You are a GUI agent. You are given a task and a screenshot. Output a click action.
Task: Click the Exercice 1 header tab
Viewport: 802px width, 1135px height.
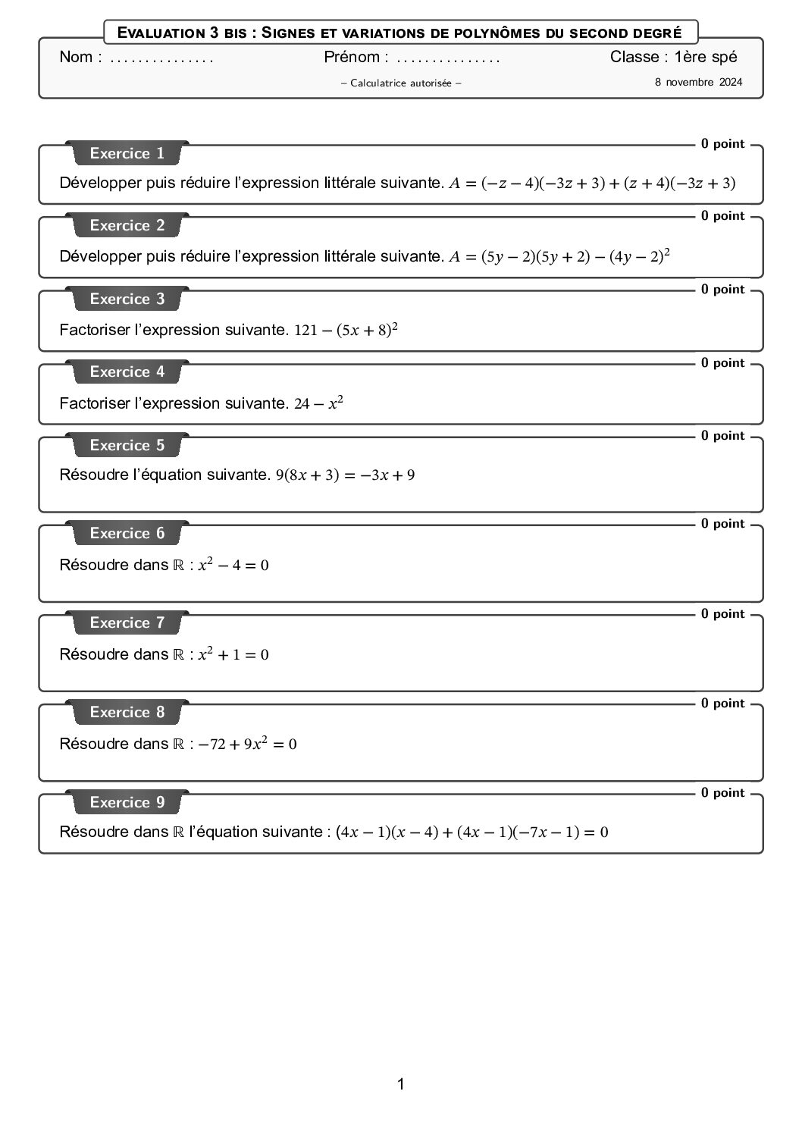click(x=127, y=153)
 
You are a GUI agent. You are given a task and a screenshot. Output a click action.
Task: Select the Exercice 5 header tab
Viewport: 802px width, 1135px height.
click(x=127, y=445)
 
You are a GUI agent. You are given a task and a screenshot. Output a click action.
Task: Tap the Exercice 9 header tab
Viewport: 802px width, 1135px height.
click(x=127, y=802)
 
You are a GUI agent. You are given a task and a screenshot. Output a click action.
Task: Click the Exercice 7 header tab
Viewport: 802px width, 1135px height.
click(x=127, y=622)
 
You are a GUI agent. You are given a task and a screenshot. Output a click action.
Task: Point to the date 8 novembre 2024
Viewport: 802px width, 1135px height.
click(x=698, y=82)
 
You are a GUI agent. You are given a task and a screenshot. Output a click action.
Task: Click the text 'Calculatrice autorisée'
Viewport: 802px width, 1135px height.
click(x=401, y=83)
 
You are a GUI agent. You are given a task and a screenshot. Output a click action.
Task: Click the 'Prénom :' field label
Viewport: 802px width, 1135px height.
click(x=356, y=57)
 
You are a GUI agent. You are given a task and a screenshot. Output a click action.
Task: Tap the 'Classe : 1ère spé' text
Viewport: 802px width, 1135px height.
click(x=673, y=57)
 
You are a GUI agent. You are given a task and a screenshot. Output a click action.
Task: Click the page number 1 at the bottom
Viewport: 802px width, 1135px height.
click(x=401, y=1084)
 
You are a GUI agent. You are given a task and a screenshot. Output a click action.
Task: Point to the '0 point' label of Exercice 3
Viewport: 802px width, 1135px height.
click(x=722, y=289)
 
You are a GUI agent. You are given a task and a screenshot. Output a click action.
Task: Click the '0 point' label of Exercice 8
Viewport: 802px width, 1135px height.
click(x=722, y=703)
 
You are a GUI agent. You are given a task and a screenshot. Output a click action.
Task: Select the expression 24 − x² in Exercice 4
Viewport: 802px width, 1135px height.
click(x=318, y=403)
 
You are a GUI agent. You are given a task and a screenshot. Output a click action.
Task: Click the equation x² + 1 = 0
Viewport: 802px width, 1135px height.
click(x=233, y=654)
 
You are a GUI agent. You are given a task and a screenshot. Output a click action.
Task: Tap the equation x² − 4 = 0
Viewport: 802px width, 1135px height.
click(x=233, y=565)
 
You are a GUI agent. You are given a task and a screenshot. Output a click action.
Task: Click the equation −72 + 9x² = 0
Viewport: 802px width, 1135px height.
click(x=248, y=744)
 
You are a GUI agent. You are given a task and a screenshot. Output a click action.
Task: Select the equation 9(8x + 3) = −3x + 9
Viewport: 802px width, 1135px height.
click(x=345, y=475)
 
